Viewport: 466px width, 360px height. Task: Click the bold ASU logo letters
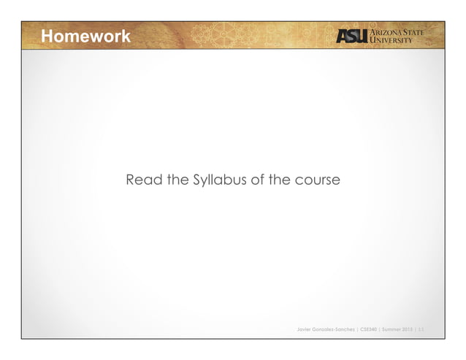353,37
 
